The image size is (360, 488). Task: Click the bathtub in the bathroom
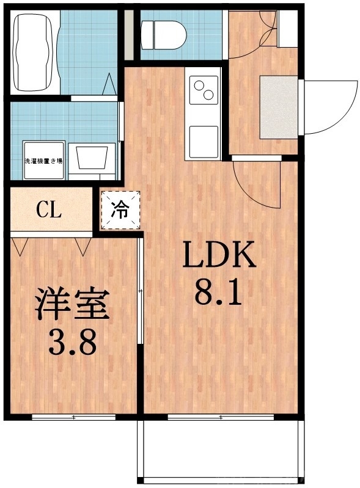[x=34, y=51]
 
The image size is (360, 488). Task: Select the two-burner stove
[x=204, y=90]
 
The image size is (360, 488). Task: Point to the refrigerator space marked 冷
[x=120, y=210]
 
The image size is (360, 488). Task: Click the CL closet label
[x=48, y=211]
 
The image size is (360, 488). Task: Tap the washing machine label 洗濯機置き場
[x=43, y=161]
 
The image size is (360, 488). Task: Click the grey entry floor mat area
[x=279, y=107]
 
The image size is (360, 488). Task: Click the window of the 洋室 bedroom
[x=73, y=418]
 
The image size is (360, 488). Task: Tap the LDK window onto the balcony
[x=220, y=418]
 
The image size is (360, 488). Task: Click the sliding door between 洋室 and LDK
[x=141, y=293]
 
